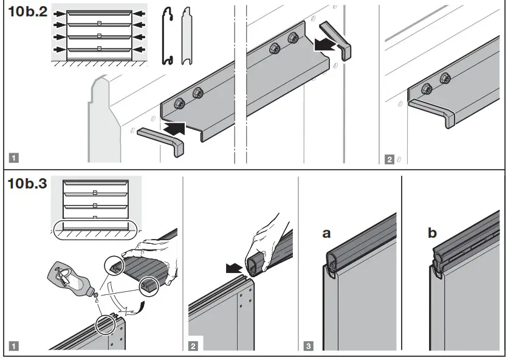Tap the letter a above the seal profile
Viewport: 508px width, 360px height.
(x=327, y=234)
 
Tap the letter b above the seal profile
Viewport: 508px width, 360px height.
(x=432, y=234)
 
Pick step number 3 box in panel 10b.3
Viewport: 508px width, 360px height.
(x=309, y=347)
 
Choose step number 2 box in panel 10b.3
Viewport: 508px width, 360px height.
(x=193, y=347)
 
